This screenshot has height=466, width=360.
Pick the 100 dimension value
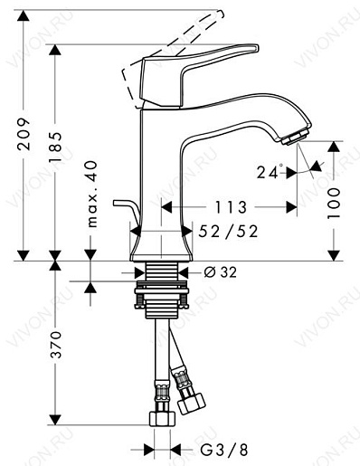(x=334, y=200)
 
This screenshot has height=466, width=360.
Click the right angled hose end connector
(x=193, y=399)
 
